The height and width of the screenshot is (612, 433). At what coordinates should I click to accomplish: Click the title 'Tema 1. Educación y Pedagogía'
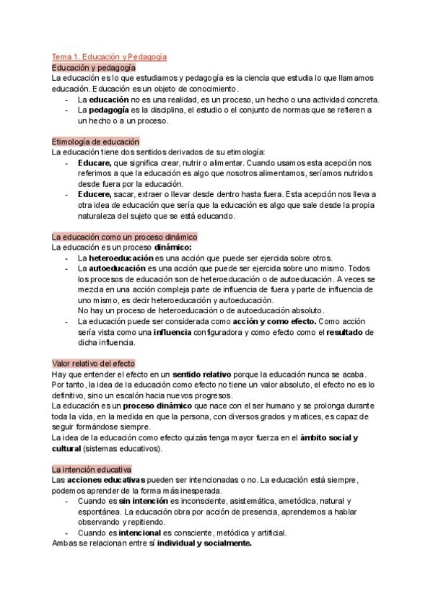click(x=110, y=56)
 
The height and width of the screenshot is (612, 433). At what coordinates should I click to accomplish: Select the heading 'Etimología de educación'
click(x=96, y=141)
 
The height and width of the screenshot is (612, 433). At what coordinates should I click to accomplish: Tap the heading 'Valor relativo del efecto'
click(x=94, y=363)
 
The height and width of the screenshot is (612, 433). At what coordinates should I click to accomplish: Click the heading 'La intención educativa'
click(x=91, y=469)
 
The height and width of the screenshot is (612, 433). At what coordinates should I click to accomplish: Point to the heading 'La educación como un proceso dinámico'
click(x=125, y=237)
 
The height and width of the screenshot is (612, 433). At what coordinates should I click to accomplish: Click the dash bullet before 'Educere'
click(x=67, y=195)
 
